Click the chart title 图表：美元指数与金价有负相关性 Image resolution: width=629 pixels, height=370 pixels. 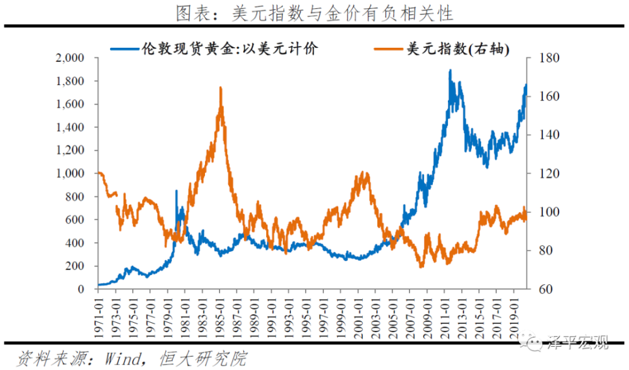[314, 12]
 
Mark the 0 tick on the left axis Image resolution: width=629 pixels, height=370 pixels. [81, 289]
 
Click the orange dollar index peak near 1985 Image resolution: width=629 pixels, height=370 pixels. [221, 88]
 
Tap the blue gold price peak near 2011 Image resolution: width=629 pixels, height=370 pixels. [450, 71]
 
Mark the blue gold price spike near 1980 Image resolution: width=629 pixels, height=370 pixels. [176, 191]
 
